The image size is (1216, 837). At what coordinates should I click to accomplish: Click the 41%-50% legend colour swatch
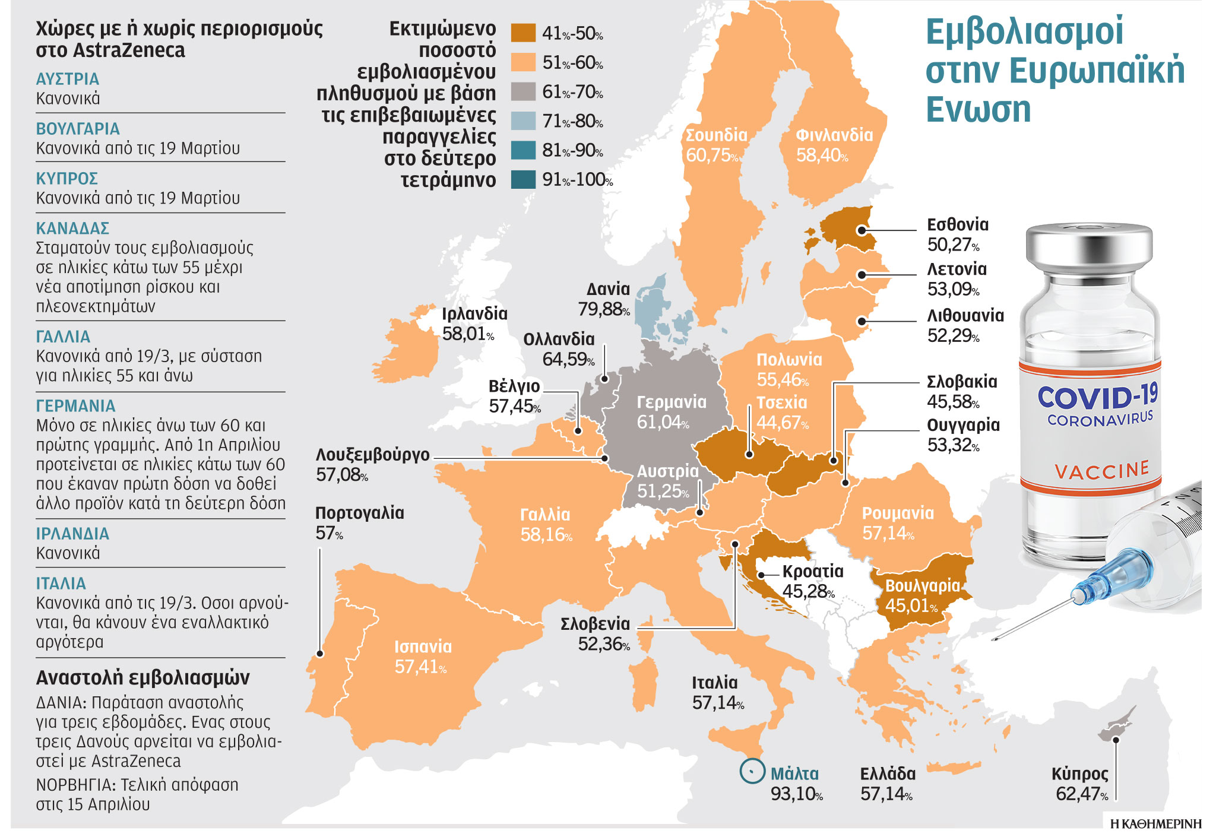click(523, 33)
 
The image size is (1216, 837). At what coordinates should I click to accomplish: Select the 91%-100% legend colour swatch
click(523, 179)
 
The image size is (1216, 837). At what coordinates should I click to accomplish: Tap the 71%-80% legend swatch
click(523, 121)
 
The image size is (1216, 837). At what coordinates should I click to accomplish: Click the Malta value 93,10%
click(796, 794)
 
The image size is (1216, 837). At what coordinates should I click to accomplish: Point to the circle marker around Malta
click(752, 771)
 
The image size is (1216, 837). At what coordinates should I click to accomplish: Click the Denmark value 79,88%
click(603, 309)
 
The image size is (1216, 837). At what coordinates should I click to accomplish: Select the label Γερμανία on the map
click(672, 402)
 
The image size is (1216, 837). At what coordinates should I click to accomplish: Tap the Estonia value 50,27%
click(953, 245)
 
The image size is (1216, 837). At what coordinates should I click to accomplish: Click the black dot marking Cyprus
click(1116, 740)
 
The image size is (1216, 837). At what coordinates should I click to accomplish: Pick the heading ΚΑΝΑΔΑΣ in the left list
click(72, 229)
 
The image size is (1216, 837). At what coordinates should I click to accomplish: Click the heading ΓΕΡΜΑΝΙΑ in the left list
click(75, 406)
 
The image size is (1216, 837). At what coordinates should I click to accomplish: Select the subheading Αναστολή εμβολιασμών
click(142, 678)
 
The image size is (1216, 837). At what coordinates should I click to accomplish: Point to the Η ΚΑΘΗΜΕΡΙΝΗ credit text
click(1155, 824)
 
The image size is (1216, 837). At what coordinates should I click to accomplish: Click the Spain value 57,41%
click(420, 667)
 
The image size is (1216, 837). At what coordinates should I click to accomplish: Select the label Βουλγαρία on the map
click(922, 586)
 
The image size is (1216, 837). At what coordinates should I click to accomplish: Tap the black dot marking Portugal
click(320, 654)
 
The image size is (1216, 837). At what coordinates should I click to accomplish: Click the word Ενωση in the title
click(978, 110)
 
